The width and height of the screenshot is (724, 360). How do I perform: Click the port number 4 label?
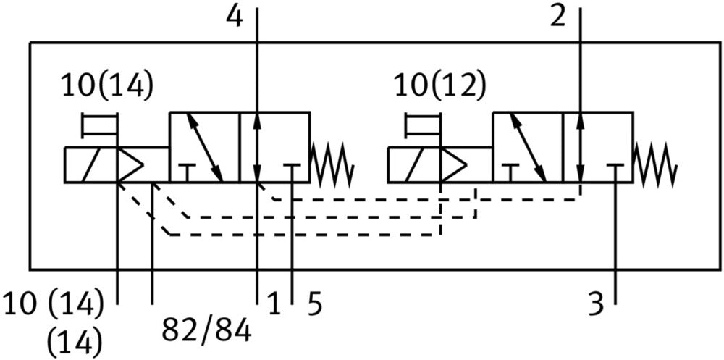tap(234, 17)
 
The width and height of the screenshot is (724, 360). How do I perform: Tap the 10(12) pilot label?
tap(439, 86)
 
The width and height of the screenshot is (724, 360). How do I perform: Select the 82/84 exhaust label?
tap(206, 330)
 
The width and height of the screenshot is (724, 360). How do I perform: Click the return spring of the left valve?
tap(332, 164)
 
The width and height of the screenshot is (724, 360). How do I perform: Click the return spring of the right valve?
tap(655, 164)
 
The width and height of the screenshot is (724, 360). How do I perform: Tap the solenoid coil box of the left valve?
tap(90, 165)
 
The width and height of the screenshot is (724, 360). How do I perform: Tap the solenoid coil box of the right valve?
tap(413, 165)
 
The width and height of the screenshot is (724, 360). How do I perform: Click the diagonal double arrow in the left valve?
tap(205, 147)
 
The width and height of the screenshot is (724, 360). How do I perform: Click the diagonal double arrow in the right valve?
tap(529, 147)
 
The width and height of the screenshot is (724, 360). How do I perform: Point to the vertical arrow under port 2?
tap(581, 147)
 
